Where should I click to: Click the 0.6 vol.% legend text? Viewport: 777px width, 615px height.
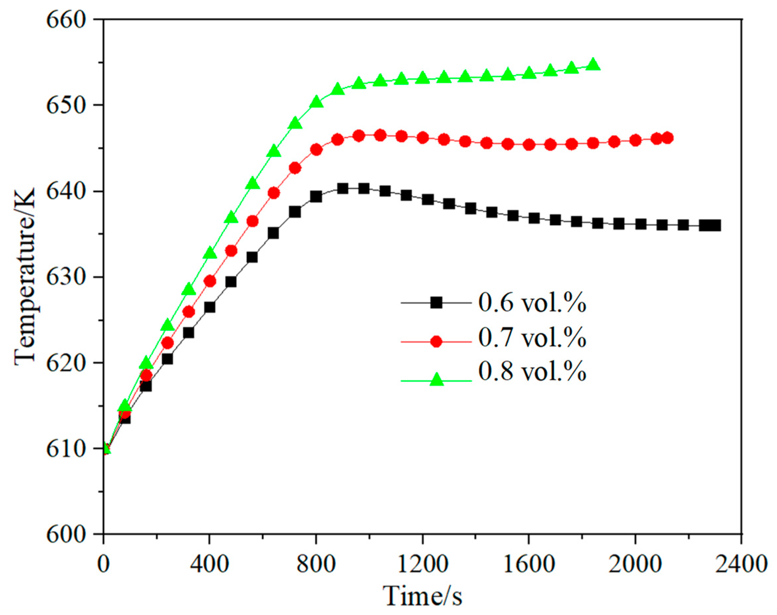[x=532, y=303]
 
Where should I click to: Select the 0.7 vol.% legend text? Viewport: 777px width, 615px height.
[x=532, y=338]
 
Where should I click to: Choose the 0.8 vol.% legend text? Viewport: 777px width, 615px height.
[x=532, y=371]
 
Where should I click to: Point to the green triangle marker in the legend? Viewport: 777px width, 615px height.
[x=436, y=379]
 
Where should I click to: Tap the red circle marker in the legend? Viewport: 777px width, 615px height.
[x=436, y=341]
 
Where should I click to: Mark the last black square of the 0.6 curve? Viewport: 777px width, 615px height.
[x=714, y=225]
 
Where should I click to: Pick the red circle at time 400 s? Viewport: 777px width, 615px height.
[x=210, y=281]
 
